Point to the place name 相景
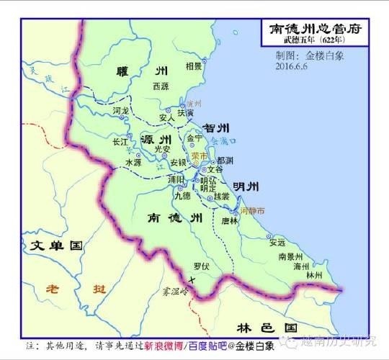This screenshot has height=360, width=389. (193, 66)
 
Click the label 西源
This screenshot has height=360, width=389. (161, 86)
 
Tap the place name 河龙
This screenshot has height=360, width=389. (121, 112)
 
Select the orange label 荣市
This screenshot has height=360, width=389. (200, 155)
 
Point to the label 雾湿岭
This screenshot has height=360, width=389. (174, 292)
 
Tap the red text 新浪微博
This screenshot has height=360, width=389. (164, 346)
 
